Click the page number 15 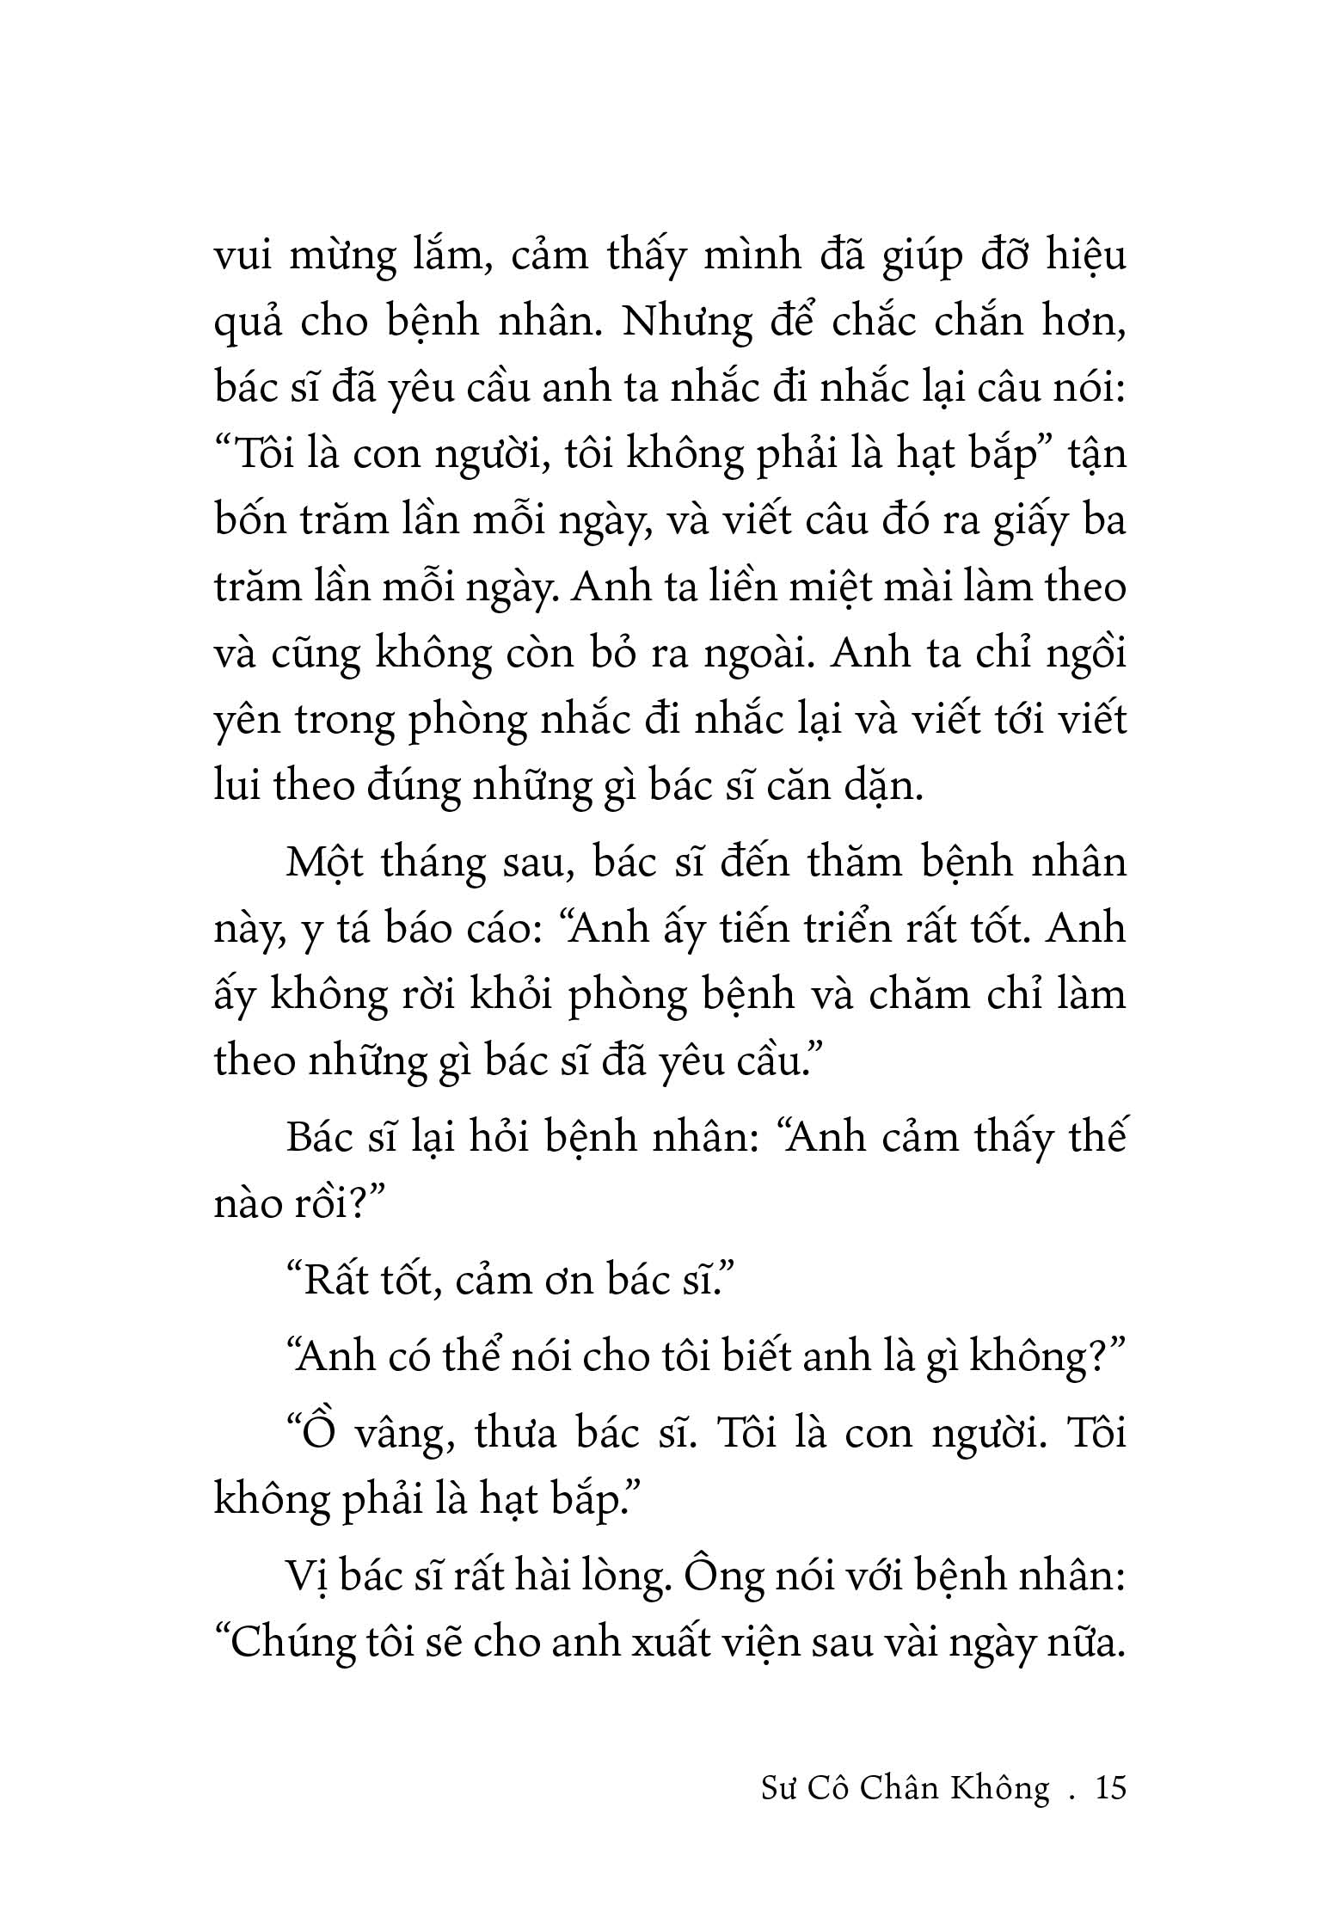click(x=1108, y=1788)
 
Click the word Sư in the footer click(x=781, y=1789)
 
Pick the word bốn click(x=250, y=521)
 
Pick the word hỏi click(x=505, y=1138)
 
